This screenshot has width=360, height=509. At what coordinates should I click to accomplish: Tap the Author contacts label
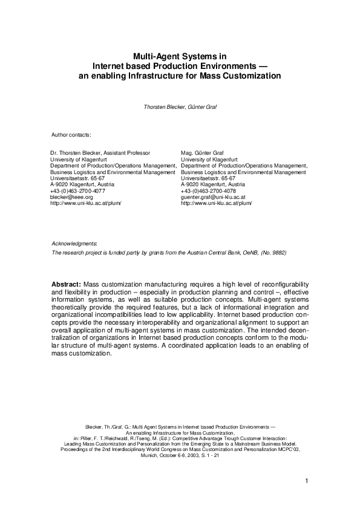(71, 134)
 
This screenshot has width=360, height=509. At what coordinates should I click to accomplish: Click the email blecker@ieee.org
(71, 197)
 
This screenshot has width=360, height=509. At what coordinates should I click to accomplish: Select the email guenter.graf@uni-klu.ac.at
(213, 197)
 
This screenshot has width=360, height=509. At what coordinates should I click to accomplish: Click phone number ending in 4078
(206, 191)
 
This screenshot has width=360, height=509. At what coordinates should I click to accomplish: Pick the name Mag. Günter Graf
(202, 154)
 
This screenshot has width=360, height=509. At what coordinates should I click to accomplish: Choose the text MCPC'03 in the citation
(288, 450)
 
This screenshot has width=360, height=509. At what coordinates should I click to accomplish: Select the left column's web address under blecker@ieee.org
(86, 203)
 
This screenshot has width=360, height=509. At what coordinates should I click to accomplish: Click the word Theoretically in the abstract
(73, 308)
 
